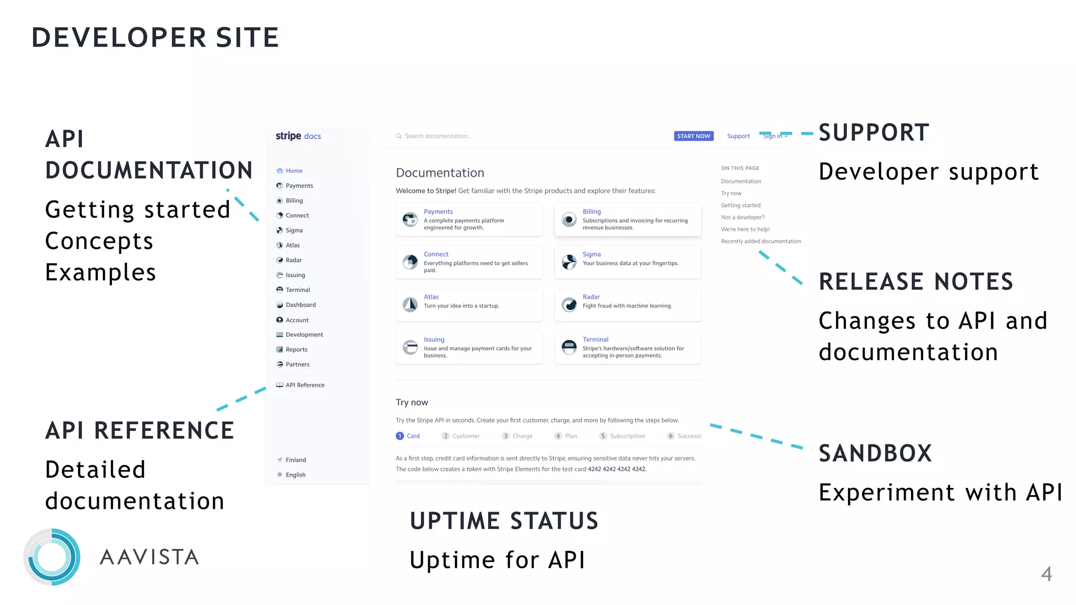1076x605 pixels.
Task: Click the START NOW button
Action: coord(693,136)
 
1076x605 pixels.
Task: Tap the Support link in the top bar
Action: coord(738,136)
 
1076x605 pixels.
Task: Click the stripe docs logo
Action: coord(298,136)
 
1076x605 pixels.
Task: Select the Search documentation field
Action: coord(438,136)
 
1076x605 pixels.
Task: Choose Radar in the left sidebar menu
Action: coord(293,260)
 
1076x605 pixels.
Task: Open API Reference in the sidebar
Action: coord(305,385)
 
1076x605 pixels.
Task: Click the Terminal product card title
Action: coord(595,339)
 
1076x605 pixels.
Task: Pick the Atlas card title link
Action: coord(431,297)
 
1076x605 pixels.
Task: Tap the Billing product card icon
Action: coord(569,220)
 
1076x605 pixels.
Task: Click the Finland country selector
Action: coord(295,460)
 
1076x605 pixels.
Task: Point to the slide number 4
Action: coord(1046,573)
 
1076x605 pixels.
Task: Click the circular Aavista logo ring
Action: coord(52,557)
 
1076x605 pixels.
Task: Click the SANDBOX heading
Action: coord(875,453)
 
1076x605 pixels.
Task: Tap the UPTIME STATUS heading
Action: coord(504,521)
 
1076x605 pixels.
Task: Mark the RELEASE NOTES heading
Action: coord(916,281)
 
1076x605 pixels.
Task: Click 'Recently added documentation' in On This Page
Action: coord(760,242)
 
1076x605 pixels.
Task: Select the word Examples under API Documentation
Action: coord(100,273)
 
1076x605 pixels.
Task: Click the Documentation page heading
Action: coord(440,173)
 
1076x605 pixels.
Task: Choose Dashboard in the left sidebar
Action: coord(301,305)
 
